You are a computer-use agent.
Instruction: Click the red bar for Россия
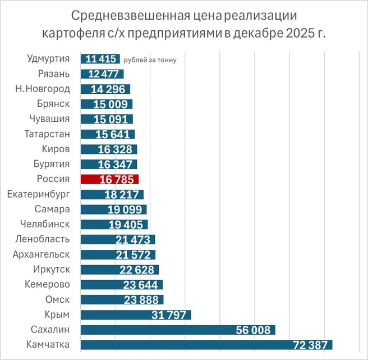click(110, 179)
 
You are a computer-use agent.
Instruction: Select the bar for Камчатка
click(206, 345)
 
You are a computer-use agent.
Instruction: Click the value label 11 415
click(100, 58)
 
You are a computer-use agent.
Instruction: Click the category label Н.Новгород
click(43, 89)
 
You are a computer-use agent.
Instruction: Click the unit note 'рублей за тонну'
click(150, 60)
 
